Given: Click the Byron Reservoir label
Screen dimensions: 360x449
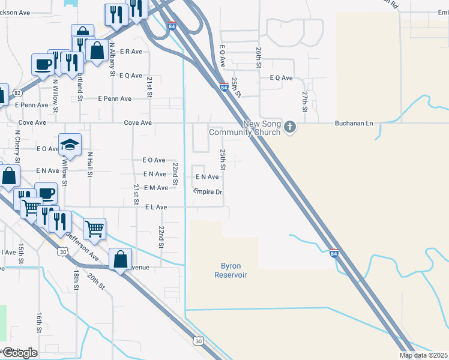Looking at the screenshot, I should coord(231,270).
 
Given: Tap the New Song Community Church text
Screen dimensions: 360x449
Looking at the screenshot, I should coord(244,128).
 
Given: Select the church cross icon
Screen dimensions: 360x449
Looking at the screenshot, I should coord(290,127).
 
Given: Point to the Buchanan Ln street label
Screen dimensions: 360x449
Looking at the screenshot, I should coord(354,124).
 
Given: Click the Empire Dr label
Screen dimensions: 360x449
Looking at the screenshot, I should coord(208,192).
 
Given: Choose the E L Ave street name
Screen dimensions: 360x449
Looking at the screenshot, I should coord(155,207).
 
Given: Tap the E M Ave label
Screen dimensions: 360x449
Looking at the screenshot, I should coord(156,188).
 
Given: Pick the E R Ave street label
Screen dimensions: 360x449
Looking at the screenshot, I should coord(131,52).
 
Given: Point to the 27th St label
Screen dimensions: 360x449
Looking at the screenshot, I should coord(305,100).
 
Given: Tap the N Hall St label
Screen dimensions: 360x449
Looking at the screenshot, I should coord(90,164).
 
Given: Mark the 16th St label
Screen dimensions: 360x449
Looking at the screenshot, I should coord(39,322).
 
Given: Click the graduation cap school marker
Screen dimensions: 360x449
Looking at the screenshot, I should coord(70,145).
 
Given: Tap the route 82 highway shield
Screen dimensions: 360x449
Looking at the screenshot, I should coord(17,93).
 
